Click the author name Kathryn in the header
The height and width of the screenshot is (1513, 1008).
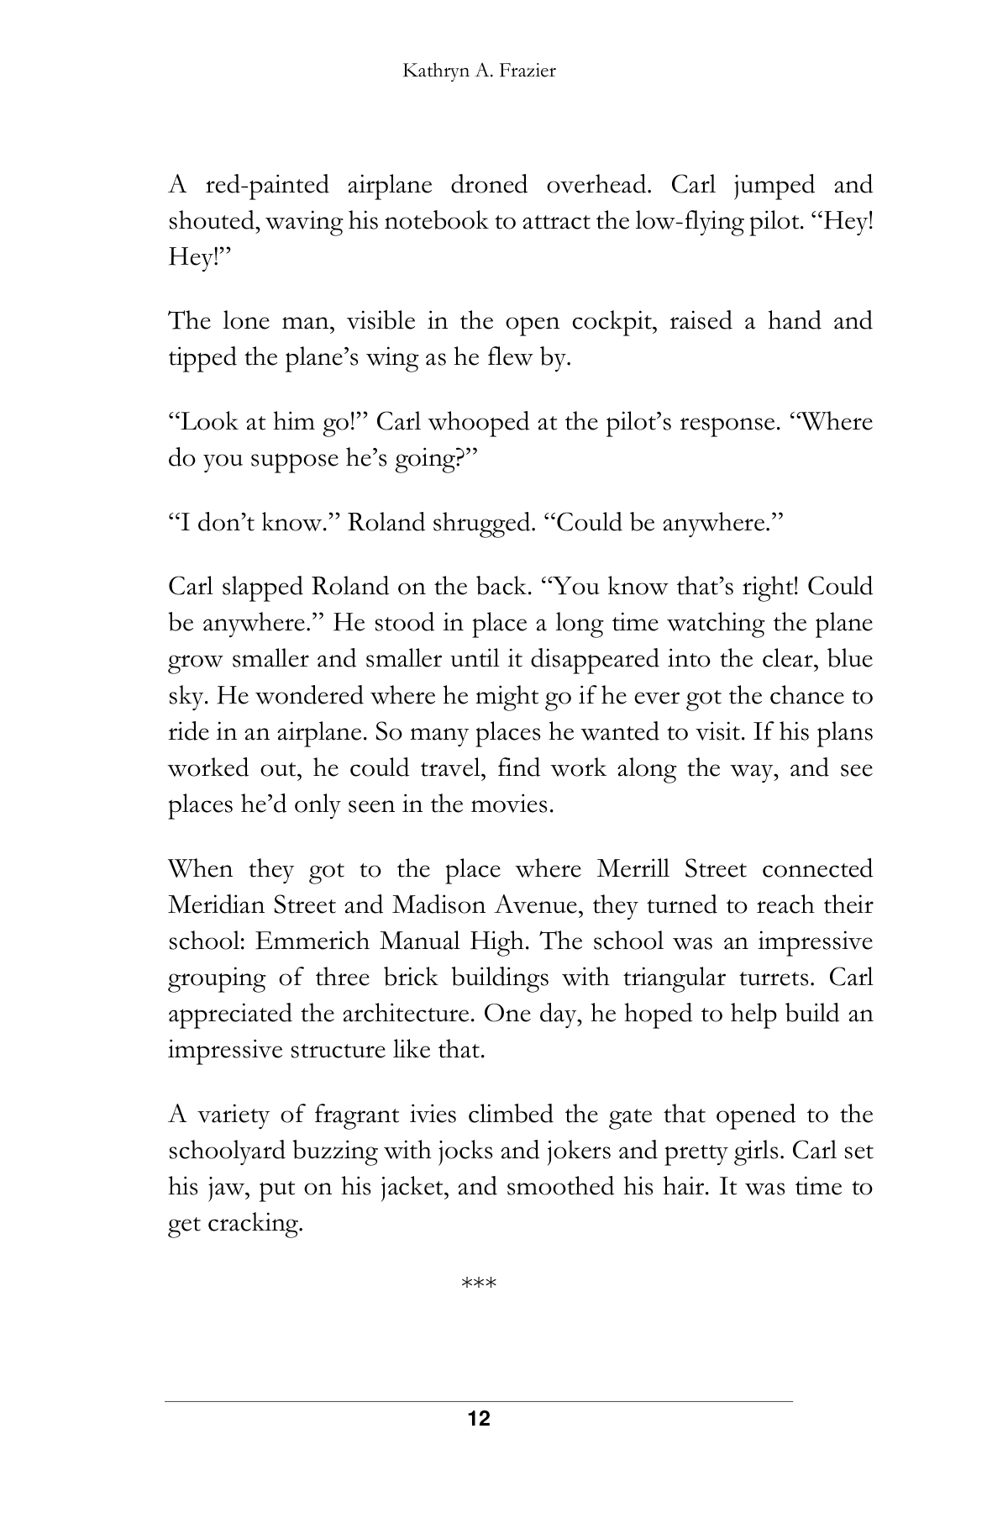[x=430, y=71]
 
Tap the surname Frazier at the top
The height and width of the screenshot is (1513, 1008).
[x=527, y=71]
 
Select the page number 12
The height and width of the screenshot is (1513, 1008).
[x=479, y=1420]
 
